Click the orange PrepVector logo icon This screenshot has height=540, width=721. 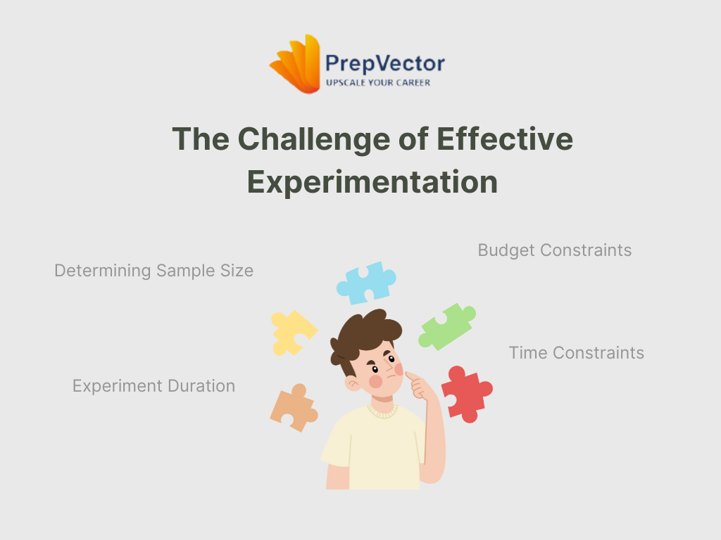295,64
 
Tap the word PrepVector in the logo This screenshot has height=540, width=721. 385,64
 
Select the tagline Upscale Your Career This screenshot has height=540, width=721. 378,83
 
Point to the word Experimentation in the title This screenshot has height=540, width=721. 372,182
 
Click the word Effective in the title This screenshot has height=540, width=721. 504,139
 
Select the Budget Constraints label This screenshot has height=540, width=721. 555,250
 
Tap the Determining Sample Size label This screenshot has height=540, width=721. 154,271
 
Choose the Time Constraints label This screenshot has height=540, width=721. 576,353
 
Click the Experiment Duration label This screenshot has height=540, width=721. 154,386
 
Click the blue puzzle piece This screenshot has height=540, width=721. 366,283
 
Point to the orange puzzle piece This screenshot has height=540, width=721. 294,408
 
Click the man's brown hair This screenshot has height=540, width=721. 363,333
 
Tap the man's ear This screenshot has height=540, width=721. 353,383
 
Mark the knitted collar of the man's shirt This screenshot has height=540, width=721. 382,411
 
